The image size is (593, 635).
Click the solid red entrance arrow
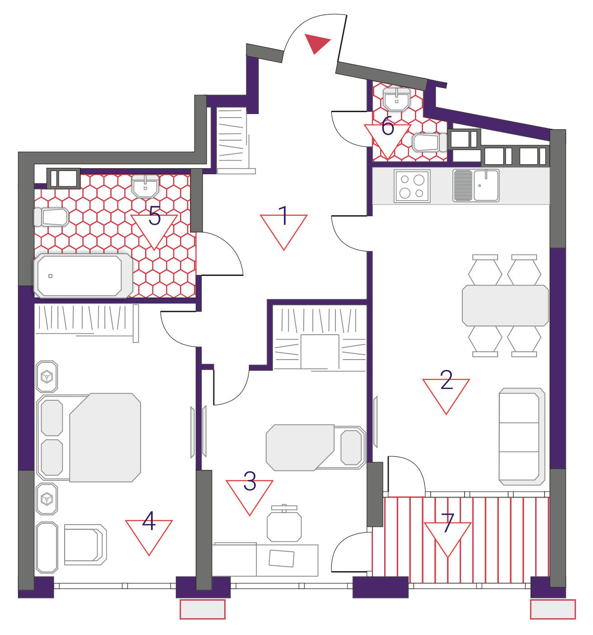[x=316, y=43]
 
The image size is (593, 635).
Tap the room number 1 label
[x=283, y=215]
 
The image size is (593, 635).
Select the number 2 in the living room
[x=446, y=379]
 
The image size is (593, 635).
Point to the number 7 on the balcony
[x=447, y=523]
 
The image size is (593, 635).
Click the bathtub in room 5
[x=83, y=275]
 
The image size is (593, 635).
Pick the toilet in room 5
[x=52, y=217]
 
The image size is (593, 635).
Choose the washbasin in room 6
[x=396, y=100]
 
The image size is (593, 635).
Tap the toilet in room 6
[x=429, y=142]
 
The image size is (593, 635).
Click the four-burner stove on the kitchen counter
[x=412, y=186]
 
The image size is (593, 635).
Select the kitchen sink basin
[x=486, y=185]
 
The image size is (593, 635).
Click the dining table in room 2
[x=505, y=305]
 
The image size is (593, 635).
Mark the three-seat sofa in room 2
[x=522, y=436]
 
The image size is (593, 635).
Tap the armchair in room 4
[x=85, y=545]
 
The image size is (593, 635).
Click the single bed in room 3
[x=316, y=448]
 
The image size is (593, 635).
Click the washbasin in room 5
[x=146, y=187]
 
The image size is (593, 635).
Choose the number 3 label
[x=249, y=481]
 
